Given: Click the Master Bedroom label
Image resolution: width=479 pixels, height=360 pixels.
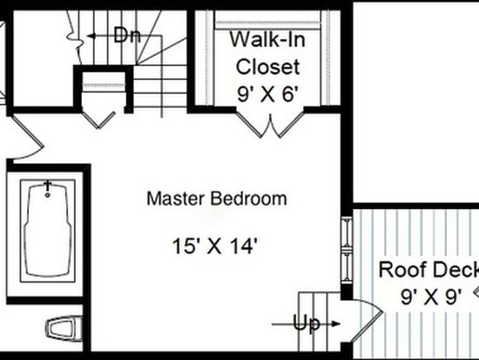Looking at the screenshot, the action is [x=217, y=199].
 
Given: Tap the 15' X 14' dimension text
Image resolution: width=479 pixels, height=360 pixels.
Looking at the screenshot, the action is [x=215, y=246].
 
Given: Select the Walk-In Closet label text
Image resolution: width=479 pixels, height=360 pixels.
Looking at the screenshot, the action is [x=267, y=53].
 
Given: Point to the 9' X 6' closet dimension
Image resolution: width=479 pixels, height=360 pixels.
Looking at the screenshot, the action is [x=267, y=94].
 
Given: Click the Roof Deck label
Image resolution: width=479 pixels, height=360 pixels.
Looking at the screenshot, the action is [x=428, y=269].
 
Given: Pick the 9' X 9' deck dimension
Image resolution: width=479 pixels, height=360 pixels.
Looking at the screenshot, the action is [x=431, y=296].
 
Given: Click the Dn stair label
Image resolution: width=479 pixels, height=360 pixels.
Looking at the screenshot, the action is [x=127, y=35].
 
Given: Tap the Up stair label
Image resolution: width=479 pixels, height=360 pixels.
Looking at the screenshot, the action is [x=307, y=323].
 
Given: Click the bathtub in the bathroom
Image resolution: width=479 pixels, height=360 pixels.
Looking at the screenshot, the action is [x=48, y=230].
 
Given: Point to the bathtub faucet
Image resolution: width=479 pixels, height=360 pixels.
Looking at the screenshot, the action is [x=48, y=188].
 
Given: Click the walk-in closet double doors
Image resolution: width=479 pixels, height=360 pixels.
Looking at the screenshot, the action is [x=270, y=122].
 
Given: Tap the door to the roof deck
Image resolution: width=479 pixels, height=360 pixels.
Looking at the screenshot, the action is [x=367, y=318].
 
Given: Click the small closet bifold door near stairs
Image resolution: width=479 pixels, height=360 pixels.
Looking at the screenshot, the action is [x=98, y=120].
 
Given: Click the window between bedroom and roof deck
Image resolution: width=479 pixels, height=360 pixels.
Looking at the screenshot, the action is [x=347, y=250].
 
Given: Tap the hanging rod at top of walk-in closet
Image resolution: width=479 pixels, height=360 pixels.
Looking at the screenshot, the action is [x=267, y=24].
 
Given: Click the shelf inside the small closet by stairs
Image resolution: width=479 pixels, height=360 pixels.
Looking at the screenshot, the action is [x=105, y=85].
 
